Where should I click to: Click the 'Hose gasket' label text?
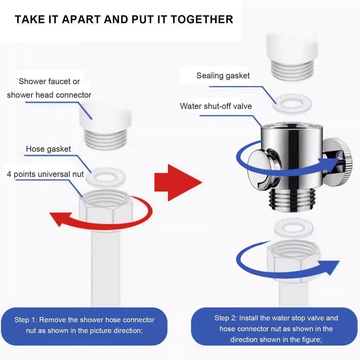[x=48, y=149]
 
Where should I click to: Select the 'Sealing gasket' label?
[x=223, y=76]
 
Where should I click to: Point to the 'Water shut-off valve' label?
[x=216, y=106]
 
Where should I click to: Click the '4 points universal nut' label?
[x=45, y=174]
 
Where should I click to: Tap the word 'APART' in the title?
[x=81, y=19]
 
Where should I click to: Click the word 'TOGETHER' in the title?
[x=202, y=19]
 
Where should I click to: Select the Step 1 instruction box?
[x=84, y=326]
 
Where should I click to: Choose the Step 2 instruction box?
[x=274, y=327]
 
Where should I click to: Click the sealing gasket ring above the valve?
[x=292, y=104]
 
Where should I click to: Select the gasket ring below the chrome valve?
[x=294, y=228]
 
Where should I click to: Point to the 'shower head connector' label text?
[x=49, y=95]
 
